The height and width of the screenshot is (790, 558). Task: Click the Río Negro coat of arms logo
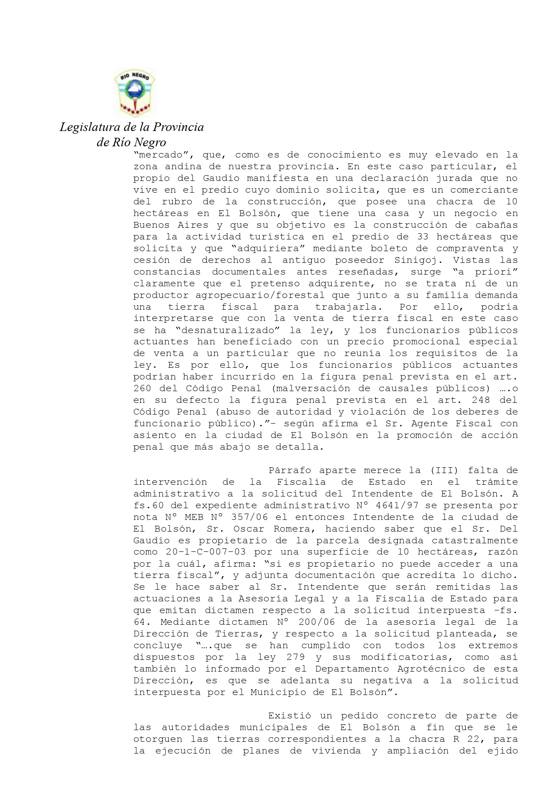[x=134, y=94]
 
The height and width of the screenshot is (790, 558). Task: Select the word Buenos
[x=149, y=225]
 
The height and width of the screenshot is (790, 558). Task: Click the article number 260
[x=142, y=388]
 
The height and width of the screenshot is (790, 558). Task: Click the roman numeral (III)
[x=444, y=470]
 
